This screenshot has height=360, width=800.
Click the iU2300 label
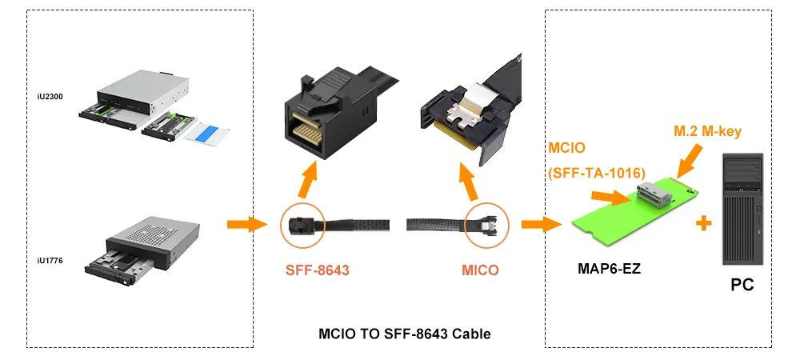[x=50, y=96]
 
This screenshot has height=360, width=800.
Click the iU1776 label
[x=50, y=261]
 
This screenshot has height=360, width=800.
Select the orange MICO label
[x=480, y=270]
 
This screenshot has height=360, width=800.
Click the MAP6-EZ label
[x=609, y=268]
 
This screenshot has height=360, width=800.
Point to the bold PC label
[x=742, y=285]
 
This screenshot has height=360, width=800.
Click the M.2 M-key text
[x=707, y=131]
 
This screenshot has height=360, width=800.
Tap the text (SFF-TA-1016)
[x=594, y=174]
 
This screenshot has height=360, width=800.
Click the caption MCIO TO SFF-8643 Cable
[x=405, y=334]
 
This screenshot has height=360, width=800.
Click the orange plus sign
[x=703, y=223]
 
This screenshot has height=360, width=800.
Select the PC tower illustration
[x=743, y=209]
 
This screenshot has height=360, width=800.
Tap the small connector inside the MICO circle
[x=487, y=224]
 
